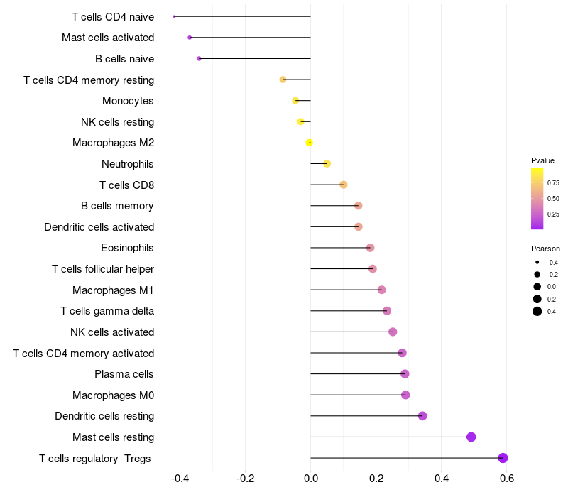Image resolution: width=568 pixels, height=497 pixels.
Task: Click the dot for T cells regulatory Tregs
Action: coord(503,458)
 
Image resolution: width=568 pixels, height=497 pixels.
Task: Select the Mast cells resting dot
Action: coord(471,437)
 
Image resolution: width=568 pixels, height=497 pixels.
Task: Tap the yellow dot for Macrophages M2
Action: coord(310,143)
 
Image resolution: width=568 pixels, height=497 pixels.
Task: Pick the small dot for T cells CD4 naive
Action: coord(174,16)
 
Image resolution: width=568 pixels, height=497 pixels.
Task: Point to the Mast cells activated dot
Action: coord(190,38)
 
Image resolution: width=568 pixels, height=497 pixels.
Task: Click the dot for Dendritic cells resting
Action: coord(422,416)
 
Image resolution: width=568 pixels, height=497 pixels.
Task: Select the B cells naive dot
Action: coord(199,58)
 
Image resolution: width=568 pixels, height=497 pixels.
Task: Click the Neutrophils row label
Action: coord(128,164)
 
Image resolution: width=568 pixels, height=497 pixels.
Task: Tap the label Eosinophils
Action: coord(128,248)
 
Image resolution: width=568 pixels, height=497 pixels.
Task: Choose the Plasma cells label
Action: coord(124,374)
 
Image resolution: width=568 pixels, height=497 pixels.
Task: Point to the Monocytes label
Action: coord(128,101)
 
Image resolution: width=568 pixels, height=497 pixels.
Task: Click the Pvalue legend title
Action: coord(543,160)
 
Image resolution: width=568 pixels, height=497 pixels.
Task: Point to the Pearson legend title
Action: coord(545,249)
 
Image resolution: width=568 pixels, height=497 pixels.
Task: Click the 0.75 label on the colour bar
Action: coord(553,183)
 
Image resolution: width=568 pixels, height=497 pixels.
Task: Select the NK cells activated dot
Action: coord(393,332)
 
